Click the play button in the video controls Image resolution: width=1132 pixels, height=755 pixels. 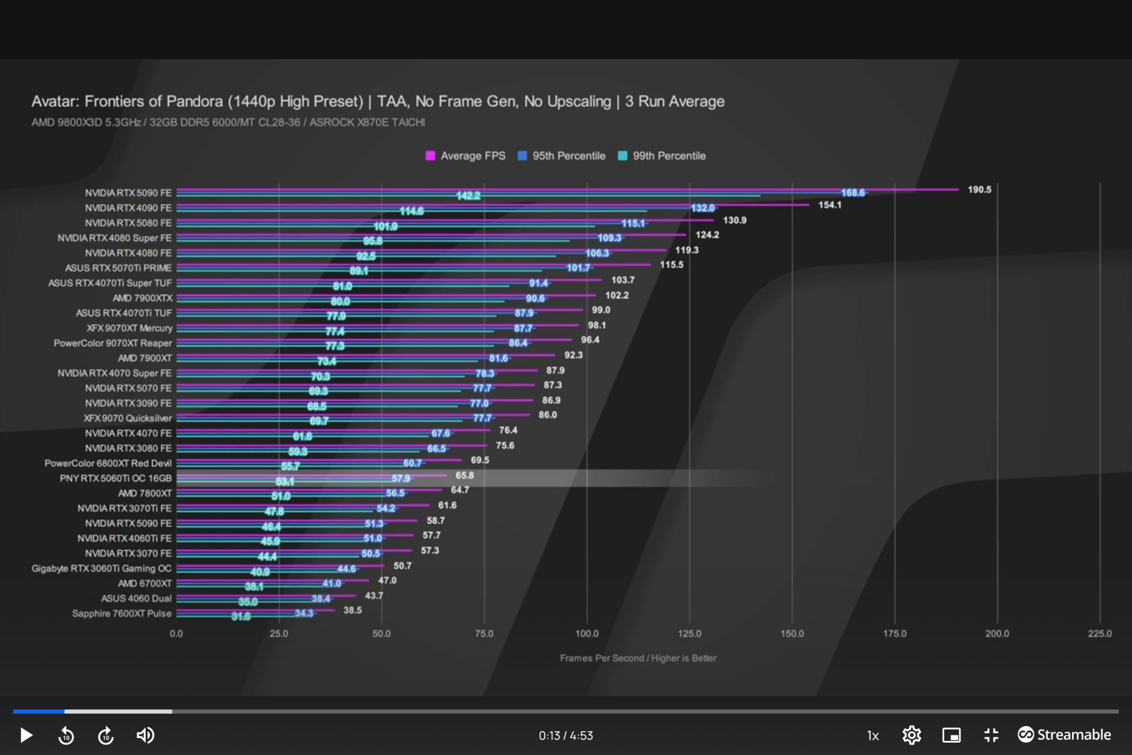26,735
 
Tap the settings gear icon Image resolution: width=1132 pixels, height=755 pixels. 911,735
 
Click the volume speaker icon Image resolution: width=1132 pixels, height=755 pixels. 145,735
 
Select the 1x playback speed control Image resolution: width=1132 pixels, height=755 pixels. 873,736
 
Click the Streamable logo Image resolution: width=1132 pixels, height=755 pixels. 1064,734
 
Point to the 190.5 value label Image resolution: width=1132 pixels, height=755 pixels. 979,189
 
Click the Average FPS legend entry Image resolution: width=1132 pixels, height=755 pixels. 466,156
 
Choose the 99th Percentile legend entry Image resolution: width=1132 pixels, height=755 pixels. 662,156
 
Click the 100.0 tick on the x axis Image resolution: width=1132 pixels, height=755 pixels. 587,633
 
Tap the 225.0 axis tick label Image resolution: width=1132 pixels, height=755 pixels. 1100,633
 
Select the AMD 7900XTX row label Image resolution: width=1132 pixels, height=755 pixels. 143,298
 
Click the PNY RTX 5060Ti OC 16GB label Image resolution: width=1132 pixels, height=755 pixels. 116,478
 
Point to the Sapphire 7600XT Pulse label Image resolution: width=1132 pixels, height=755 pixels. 121,613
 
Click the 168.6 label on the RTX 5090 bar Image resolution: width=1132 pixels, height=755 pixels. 853,193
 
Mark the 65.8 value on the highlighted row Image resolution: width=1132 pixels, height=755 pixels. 465,475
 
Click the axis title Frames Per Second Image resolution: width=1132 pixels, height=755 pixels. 638,658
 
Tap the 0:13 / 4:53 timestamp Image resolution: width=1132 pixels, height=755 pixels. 565,736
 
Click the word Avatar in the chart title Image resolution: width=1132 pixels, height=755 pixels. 55,101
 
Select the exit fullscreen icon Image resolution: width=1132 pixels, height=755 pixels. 991,735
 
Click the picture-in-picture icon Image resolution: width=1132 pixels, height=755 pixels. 951,735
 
